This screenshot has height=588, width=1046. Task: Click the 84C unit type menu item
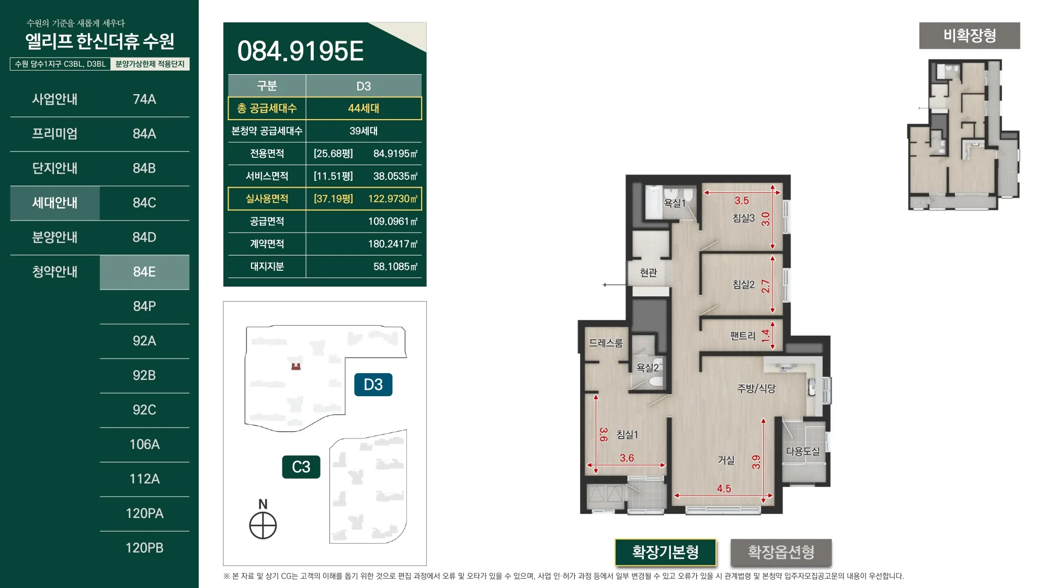(x=144, y=203)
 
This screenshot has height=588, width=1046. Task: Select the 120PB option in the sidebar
(x=144, y=548)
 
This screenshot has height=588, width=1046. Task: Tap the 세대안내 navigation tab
(x=55, y=203)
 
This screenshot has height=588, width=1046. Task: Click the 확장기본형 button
(x=665, y=552)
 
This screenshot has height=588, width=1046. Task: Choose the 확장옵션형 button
(x=781, y=552)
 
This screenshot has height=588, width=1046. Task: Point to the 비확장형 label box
(x=970, y=36)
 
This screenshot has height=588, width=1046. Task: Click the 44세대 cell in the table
(x=363, y=108)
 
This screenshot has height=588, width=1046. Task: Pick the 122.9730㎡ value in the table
(x=393, y=199)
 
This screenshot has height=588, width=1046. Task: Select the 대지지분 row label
(x=267, y=267)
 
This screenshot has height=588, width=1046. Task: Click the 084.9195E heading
(x=300, y=51)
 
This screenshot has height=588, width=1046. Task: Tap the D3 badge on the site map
(x=373, y=385)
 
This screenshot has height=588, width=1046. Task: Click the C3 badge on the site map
(x=301, y=467)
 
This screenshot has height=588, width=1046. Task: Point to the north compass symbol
(x=263, y=525)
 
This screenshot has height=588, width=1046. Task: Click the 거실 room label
(x=726, y=460)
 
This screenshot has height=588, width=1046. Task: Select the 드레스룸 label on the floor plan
(x=606, y=343)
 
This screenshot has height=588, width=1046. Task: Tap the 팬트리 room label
(x=743, y=336)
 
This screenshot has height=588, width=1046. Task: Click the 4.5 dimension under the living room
(x=724, y=489)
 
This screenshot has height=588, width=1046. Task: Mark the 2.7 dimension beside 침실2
(x=766, y=286)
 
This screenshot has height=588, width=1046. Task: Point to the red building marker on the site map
(x=296, y=366)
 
